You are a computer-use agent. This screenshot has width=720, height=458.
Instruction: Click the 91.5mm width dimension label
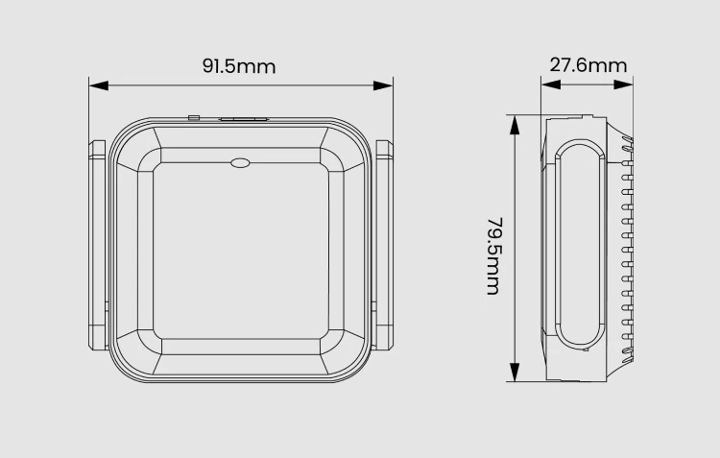(x=239, y=66)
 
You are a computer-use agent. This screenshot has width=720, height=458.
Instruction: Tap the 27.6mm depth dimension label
(x=588, y=65)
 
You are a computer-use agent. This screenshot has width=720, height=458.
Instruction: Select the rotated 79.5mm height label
(x=494, y=255)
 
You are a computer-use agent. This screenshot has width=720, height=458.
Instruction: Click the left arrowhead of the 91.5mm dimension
(x=99, y=85)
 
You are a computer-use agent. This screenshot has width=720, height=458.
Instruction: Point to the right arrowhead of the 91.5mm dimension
(x=383, y=85)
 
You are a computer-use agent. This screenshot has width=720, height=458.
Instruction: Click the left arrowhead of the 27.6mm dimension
(x=551, y=84)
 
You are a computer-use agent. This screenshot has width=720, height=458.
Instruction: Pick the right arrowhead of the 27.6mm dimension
(x=623, y=84)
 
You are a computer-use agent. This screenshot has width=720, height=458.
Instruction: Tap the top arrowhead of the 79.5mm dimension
(x=515, y=125)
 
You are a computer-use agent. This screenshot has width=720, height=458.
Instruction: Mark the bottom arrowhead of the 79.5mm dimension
(x=515, y=372)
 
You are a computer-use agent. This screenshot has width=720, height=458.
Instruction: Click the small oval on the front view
(x=240, y=162)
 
